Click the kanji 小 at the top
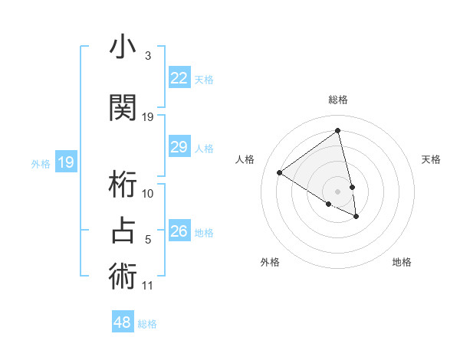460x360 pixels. pyautogui.click(x=123, y=48)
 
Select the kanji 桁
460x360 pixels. pyautogui.click(x=123, y=184)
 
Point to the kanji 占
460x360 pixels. pyautogui.click(x=123, y=230)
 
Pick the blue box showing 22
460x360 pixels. pyautogui.click(x=179, y=78)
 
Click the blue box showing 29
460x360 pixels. pyautogui.click(x=179, y=147)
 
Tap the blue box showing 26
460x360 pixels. pyautogui.click(x=179, y=231)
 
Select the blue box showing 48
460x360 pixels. pyautogui.click(x=123, y=322)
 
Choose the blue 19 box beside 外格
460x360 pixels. pyautogui.click(x=65, y=162)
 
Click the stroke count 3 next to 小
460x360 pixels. pyautogui.click(x=148, y=56)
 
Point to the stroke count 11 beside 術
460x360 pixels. pyautogui.click(x=148, y=286)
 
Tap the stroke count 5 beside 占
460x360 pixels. pyautogui.click(x=148, y=240)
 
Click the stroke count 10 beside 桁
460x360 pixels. pyautogui.click(x=148, y=193)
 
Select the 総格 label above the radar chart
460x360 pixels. pyautogui.click(x=338, y=100)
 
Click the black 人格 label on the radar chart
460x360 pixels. pyautogui.click(x=245, y=159)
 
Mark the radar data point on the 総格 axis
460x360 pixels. pyautogui.click(x=338, y=131)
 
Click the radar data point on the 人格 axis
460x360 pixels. pyautogui.click(x=280, y=173)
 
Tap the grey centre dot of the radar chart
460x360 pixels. pyautogui.click(x=338, y=191)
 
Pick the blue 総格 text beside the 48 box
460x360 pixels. pyautogui.click(x=147, y=324)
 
